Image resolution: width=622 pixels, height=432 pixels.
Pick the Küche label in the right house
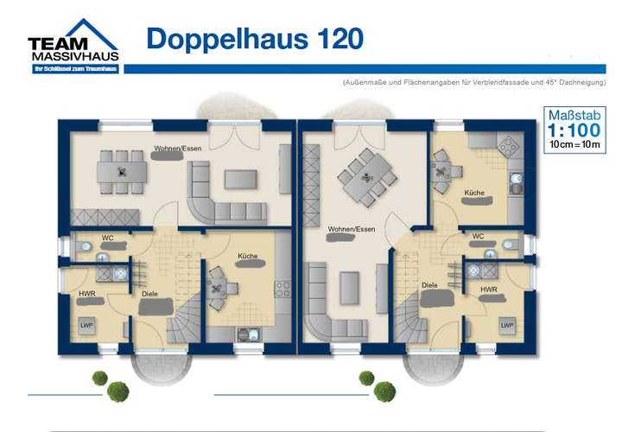tap(474, 192)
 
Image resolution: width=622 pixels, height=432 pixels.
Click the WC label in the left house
tap(108, 237)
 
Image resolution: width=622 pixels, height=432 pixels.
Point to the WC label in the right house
tap(478, 235)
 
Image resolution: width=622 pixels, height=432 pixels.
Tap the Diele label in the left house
tap(150, 294)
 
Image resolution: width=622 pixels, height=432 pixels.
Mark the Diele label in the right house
tap(429, 285)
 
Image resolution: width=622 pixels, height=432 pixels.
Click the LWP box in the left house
tap(87, 325)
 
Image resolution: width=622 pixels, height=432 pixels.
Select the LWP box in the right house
tap(508, 325)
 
